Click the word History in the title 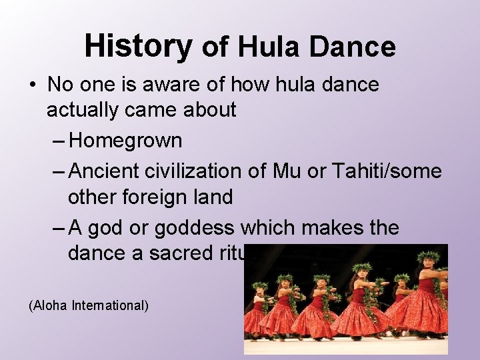tap(138, 46)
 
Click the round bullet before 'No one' tap(33, 85)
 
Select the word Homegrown tap(125, 140)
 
